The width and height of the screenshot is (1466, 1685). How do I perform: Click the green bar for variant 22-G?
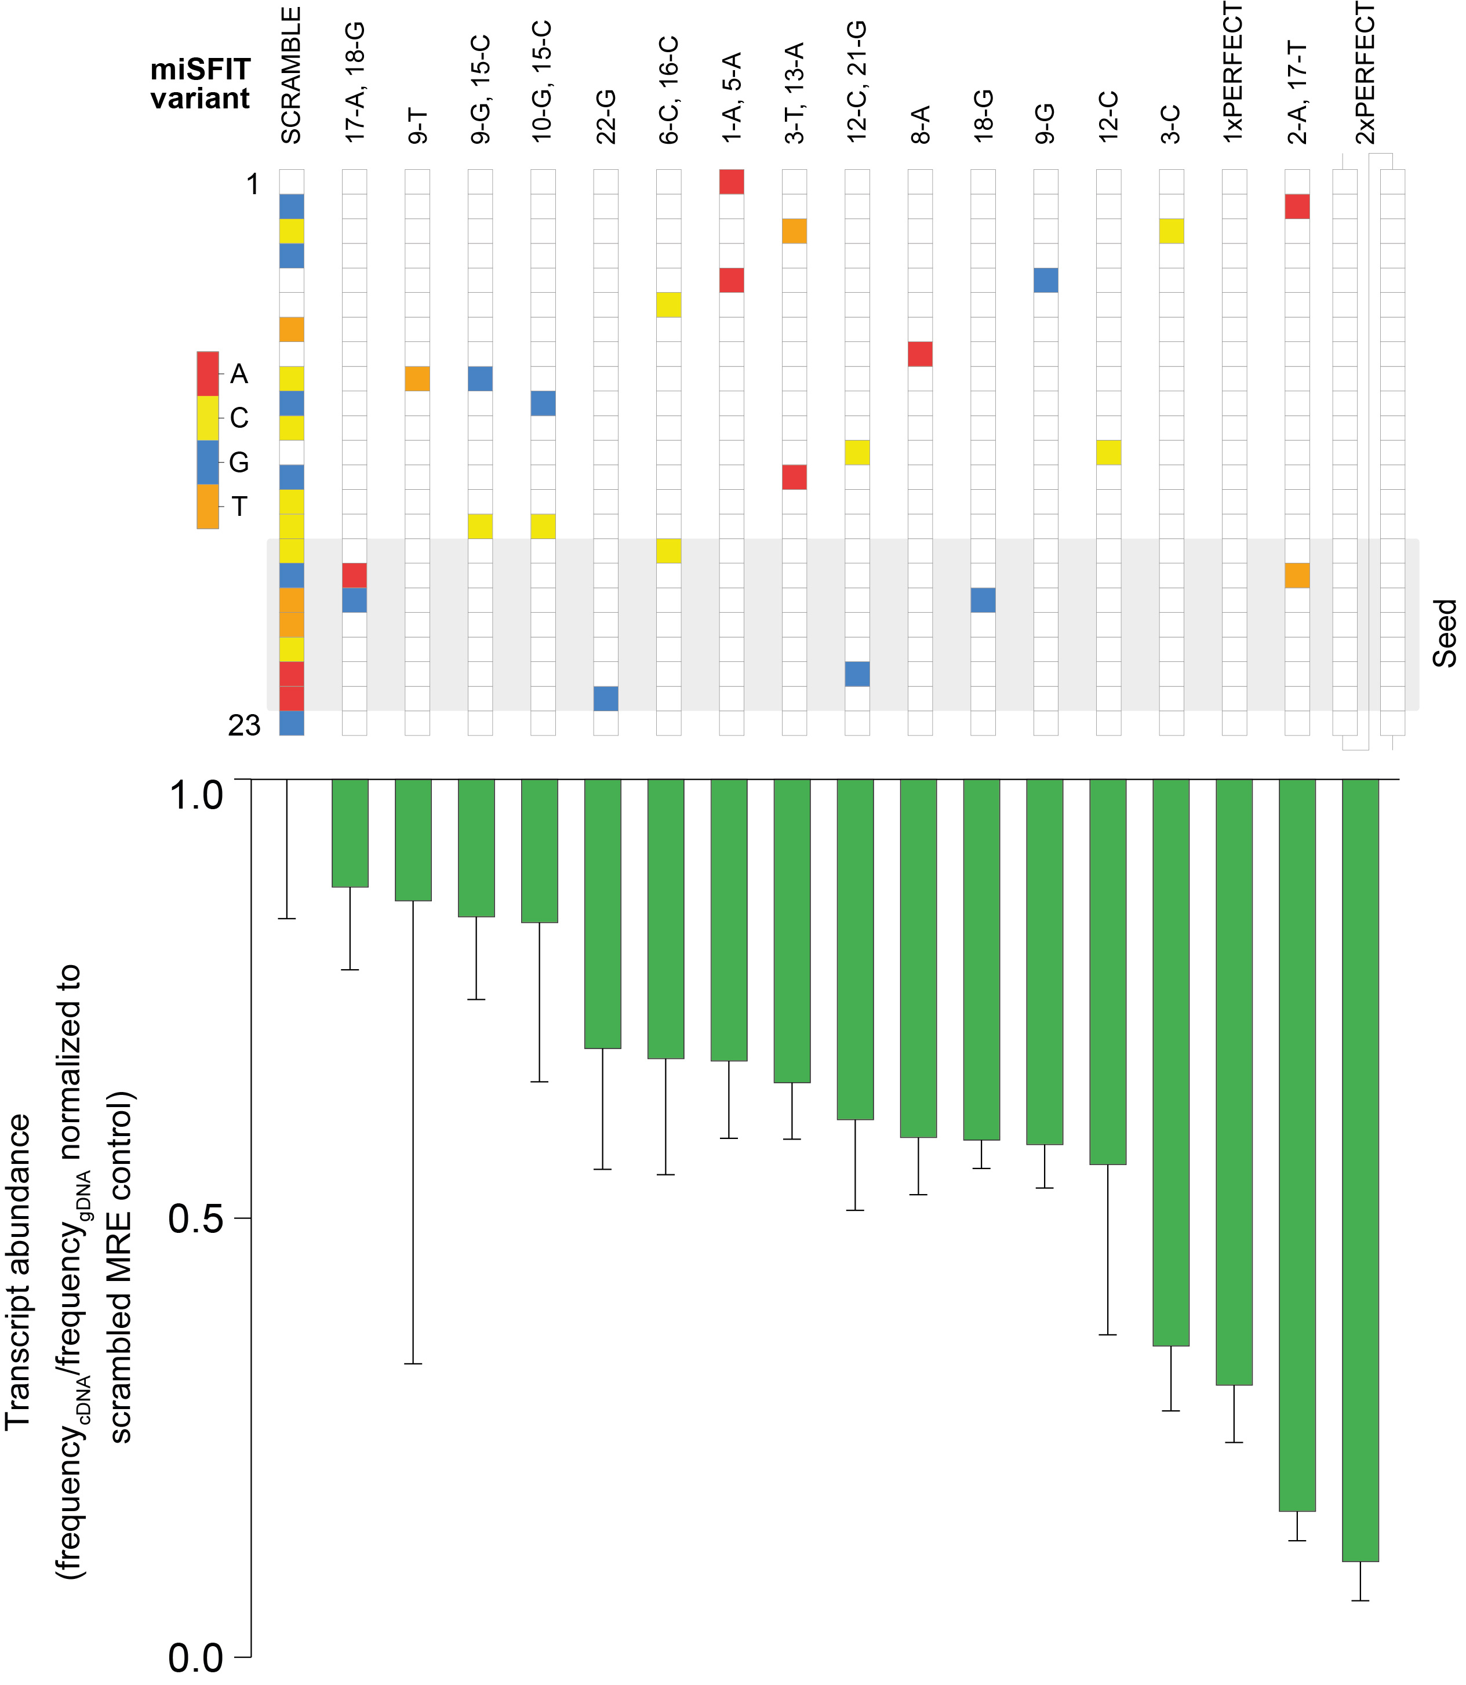click(x=603, y=913)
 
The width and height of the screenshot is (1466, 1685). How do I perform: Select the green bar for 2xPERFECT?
click(x=1360, y=1170)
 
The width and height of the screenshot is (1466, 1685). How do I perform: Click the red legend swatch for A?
click(x=208, y=374)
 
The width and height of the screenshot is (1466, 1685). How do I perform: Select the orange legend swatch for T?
click(x=208, y=507)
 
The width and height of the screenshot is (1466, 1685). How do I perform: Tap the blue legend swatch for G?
click(x=208, y=462)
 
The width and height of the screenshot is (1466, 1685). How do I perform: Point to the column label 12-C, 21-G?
click(x=857, y=82)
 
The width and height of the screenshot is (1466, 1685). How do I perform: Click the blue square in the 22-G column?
click(x=605, y=698)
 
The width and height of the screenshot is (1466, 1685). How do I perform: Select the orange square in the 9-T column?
click(x=417, y=379)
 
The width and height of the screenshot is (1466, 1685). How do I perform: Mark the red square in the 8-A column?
click(x=921, y=354)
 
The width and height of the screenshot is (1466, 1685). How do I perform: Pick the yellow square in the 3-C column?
click(x=1172, y=231)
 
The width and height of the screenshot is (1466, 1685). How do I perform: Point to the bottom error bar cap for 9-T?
click(x=413, y=1363)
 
